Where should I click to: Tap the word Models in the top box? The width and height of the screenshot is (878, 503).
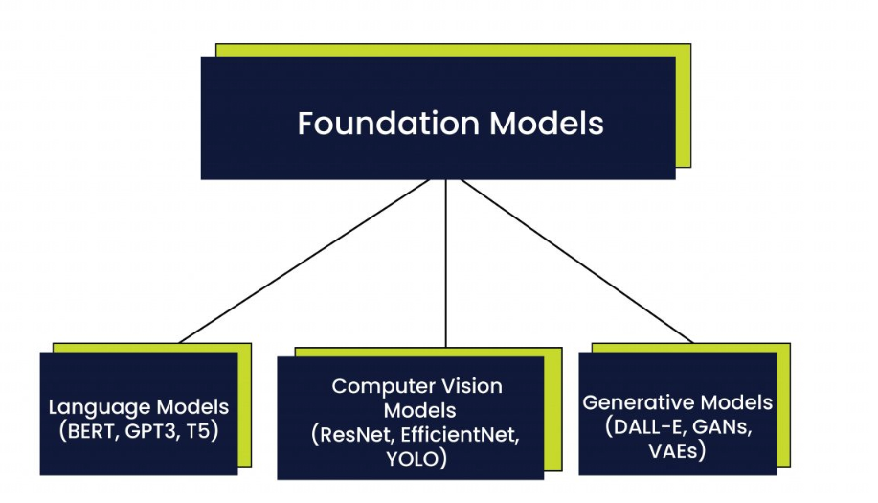[547, 125]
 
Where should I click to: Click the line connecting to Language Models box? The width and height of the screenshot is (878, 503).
[316, 259]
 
